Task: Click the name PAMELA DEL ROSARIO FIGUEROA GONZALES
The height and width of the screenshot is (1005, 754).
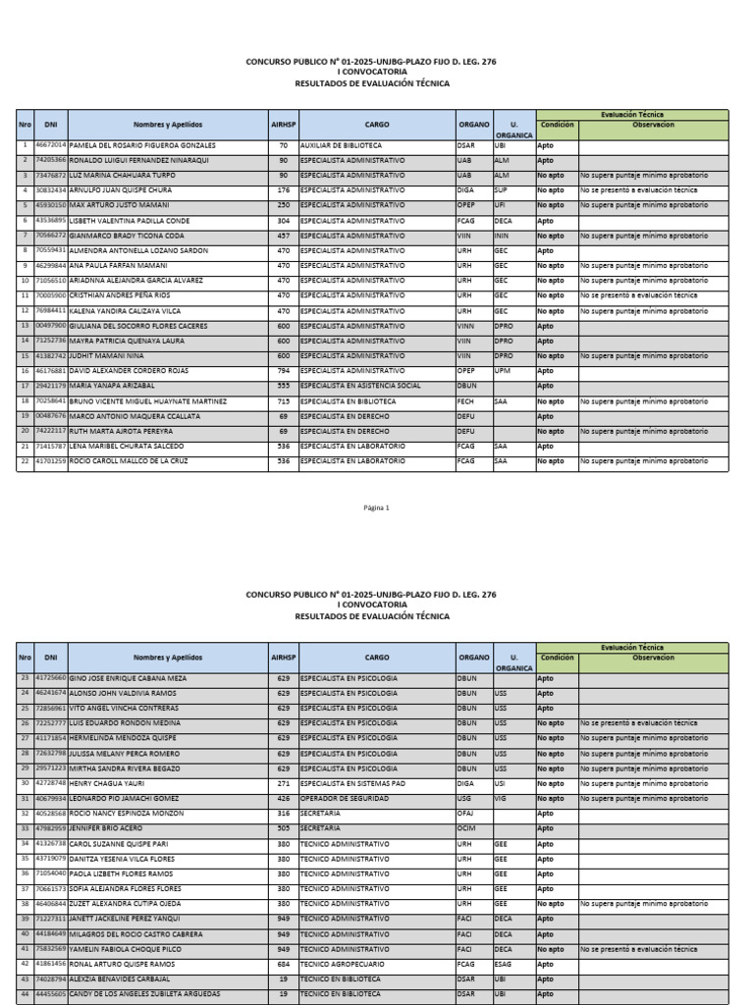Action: click(x=142, y=145)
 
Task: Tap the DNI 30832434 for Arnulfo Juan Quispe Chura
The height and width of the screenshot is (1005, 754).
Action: click(x=51, y=190)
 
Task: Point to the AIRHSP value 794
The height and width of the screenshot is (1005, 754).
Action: click(x=283, y=371)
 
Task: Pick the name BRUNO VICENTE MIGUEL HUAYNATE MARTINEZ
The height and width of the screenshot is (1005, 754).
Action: click(x=148, y=401)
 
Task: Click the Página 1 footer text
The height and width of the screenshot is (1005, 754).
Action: click(x=377, y=507)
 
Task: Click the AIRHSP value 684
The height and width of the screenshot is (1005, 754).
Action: click(x=283, y=965)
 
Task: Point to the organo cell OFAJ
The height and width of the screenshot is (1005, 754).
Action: click(x=466, y=814)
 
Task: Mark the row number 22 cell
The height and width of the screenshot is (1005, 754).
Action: click(x=25, y=461)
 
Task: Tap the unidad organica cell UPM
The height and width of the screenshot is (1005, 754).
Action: click(x=503, y=371)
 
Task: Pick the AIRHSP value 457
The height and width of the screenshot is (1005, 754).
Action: click(x=283, y=236)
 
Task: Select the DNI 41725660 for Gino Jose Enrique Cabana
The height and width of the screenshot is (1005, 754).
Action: click(x=51, y=678)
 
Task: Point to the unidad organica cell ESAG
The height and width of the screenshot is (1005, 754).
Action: click(x=504, y=965)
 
